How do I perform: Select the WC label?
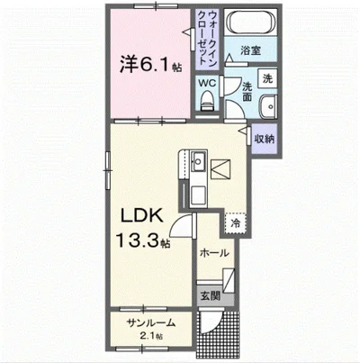[208, 82]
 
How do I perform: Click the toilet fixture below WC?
[208, 104]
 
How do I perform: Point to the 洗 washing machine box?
[266, 77]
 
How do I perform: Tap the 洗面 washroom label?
[246, 91]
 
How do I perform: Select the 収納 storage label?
[264, 139]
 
